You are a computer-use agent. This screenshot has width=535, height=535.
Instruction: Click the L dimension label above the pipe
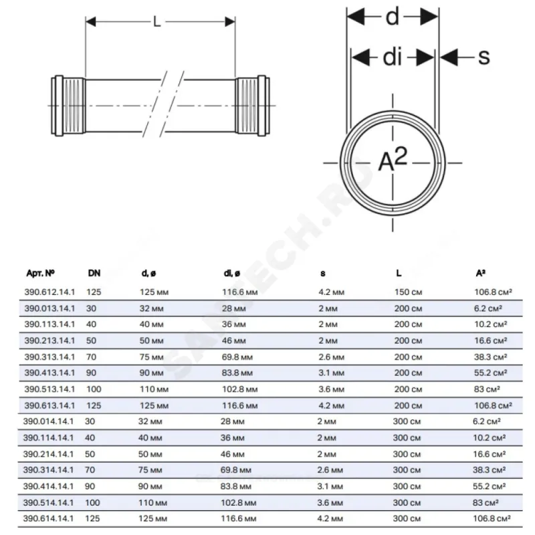[157, 22]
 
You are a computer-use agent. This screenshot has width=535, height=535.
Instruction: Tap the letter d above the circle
[392, 17]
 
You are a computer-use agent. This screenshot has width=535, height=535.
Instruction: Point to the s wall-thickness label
[483, 57]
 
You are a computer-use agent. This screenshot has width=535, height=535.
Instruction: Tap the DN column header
[94, 273]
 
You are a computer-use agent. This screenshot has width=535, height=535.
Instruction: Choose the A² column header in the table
[480, 273]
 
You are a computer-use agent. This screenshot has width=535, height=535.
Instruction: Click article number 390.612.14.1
[50, 292]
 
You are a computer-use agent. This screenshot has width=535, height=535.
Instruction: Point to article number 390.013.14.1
[50, 308]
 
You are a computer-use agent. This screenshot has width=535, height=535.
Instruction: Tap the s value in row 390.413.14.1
[331, 372]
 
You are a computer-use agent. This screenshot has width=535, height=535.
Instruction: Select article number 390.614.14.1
[50, 518]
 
